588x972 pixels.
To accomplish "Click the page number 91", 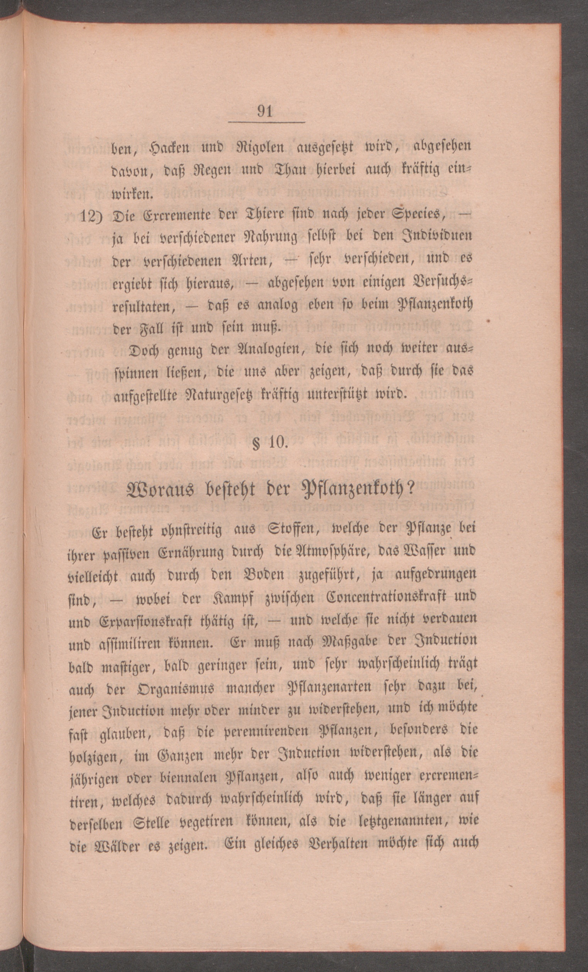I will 265,111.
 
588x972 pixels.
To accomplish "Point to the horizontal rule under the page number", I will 267,123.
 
